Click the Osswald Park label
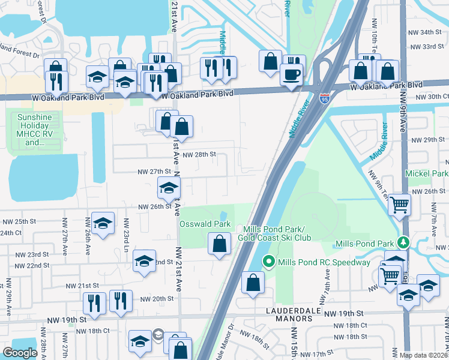point(205,224)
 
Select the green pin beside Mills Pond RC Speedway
point(269,262)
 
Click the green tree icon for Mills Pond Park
point(404,243)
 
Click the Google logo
point(20,352)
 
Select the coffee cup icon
point(291,74)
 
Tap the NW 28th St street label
point(199,154)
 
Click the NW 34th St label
point(424,32)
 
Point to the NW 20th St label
point(157,298)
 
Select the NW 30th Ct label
point(437,97)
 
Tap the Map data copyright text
point(424,355)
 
